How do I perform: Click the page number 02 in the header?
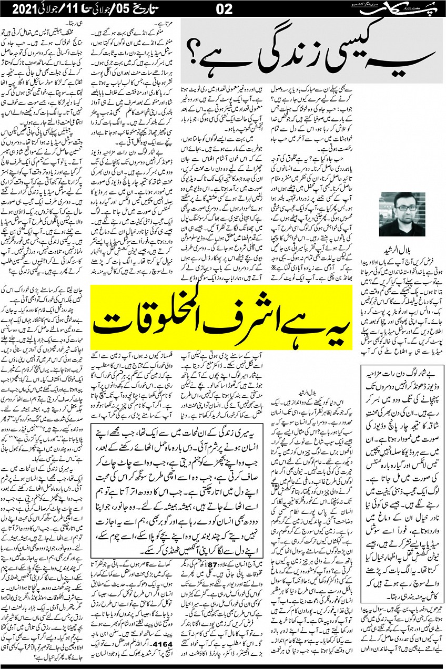(x=222, y=9)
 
